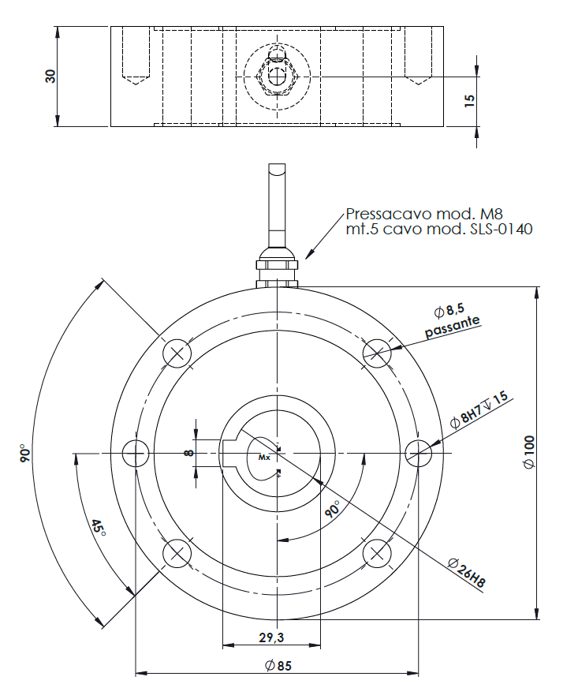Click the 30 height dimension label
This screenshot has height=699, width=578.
pos(50,77)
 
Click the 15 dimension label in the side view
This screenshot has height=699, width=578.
pos(469,100)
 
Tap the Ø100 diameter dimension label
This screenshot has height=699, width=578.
pos(529,452)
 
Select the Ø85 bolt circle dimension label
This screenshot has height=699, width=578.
pos(278,666)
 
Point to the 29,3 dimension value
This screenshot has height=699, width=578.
pos(271,637)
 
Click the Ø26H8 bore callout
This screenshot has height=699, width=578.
pos(467,573)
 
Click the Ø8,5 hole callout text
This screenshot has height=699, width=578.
pos(449,310)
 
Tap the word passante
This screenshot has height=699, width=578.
pos(452,326)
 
